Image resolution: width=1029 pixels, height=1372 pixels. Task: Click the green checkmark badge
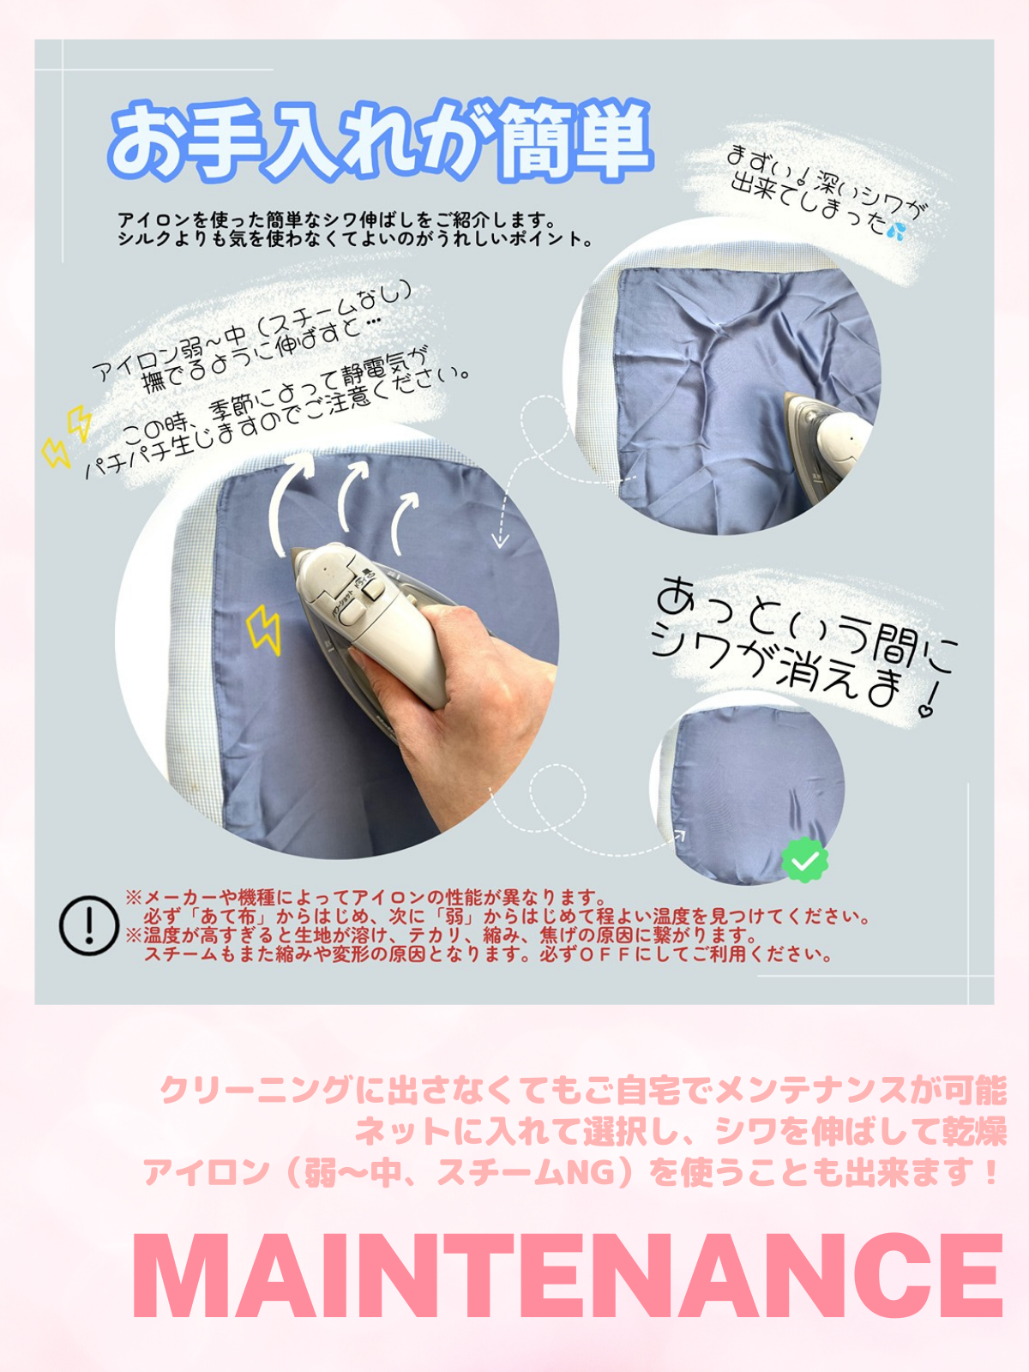pyautogui.click(x=804, y=861)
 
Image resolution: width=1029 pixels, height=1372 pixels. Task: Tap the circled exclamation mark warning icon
pyautogui.click(x=88, y=926)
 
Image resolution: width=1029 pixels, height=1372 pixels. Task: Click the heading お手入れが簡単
pyautogui.click(x=381, y=141)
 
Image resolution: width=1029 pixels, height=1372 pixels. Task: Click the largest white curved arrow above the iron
pyautogui.click(x=292, y=500)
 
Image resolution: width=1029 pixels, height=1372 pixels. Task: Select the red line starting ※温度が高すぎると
pyautogui.click(x=441, y=936)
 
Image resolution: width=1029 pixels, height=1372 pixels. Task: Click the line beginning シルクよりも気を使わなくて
pyautogui.click(x=355, y=238)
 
